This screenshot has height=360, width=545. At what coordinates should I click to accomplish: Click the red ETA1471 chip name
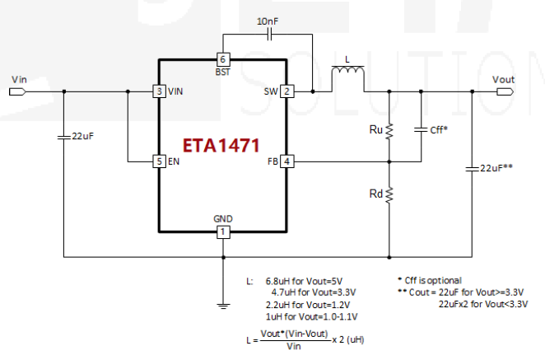click(221, 145)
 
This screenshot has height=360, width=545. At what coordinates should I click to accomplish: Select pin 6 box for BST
click(223, 59)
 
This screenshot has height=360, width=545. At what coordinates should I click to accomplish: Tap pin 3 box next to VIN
click(159, 91)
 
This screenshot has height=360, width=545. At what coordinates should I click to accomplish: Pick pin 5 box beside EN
click(159, 161)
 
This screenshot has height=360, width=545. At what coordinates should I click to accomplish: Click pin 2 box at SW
click(286, 91)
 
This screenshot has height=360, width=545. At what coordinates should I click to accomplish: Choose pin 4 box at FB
click(286, 161)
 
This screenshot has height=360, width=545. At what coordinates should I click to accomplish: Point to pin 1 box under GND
click(223, 231)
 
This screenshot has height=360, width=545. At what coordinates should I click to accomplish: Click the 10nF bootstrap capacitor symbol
click(269, 35)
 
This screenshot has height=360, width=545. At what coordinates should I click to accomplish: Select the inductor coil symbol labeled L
click(348, 69)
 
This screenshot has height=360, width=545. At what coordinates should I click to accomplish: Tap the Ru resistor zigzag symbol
click(389, 131)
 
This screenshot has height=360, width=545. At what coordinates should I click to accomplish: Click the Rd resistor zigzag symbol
click(389, 194)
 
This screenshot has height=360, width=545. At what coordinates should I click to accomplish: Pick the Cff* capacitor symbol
click(421, 129)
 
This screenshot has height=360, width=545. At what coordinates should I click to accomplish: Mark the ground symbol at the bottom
click(223, 306)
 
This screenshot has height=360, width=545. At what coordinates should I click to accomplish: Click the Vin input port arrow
click(17, 91)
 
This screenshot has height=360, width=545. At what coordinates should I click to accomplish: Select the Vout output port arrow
click(505, 91)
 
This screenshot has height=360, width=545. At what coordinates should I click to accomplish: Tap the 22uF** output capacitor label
click(496, 168)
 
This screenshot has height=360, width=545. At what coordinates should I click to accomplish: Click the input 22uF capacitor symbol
click(63, 137)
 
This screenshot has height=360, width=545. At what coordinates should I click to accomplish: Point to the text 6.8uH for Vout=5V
click(304, 281)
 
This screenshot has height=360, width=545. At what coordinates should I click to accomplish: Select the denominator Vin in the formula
click(294, 347)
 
